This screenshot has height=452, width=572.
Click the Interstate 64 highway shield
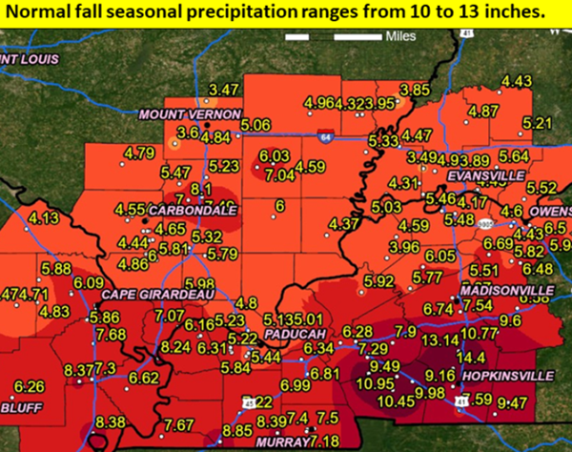326,135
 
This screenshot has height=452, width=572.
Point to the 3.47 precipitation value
222,90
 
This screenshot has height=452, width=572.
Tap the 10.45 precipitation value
397,401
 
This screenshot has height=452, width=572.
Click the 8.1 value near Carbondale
200,189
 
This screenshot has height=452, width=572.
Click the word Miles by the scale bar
400,36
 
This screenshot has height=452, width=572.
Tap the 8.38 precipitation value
111,421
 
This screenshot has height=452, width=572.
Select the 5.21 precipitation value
538,123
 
